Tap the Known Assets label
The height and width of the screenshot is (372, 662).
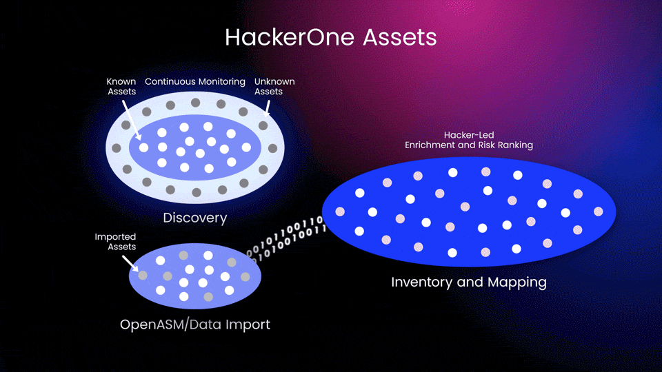tap(121, 86)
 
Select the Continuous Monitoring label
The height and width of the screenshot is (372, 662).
tap(195, 81)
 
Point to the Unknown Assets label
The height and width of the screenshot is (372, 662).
tap(274, 86)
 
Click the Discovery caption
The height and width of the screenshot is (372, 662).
tap(195, 218)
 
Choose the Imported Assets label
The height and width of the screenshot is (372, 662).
tap(115, 242)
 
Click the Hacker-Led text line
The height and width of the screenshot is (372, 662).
tap(468, 135)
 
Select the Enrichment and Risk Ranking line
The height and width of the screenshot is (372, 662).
tap(468, 145)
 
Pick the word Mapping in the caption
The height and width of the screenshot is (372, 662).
tap(515, 282)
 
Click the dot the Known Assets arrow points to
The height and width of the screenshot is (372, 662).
tap(143, 147)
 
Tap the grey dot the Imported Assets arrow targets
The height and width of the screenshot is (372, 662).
tap(143, 275)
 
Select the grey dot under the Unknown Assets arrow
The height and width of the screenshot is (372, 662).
tap(263, 126)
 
